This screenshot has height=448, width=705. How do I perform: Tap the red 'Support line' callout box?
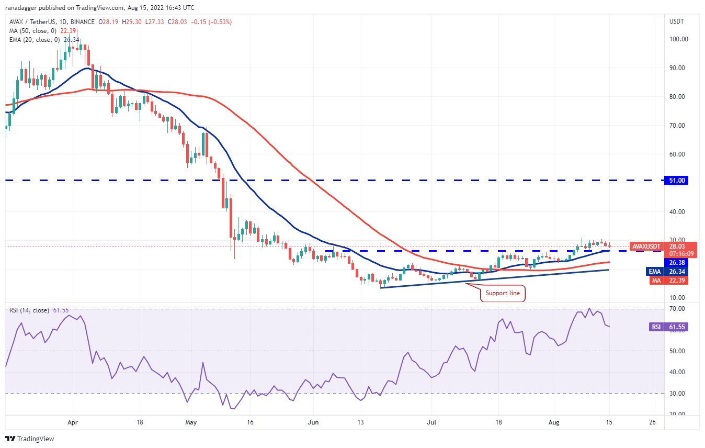click(x=503, y=293)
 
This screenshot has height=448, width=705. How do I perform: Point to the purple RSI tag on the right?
click(x=657, y=327)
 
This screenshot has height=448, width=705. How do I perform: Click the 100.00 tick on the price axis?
click(x=678, y=39)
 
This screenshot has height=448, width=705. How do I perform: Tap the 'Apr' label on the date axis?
click(x=73, y=421)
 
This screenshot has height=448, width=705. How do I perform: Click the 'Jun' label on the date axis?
click(x=313, y=421)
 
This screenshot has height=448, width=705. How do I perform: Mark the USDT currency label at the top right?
click(x=676, y=21)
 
